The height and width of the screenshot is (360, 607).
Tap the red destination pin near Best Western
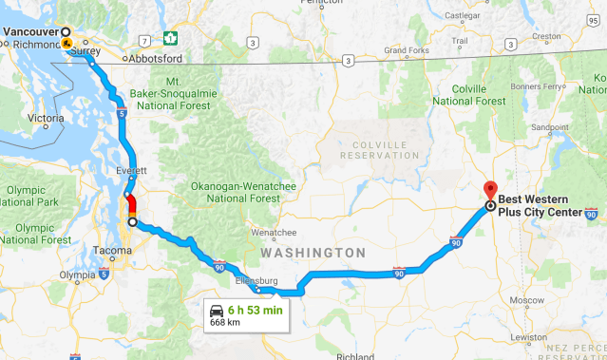coord(490,189)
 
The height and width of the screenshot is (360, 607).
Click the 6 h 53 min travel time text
coord(256,310)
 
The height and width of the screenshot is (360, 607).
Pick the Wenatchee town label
coord(274,232)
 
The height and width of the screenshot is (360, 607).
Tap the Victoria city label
coord(45,119)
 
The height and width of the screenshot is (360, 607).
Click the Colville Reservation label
coord(378,149)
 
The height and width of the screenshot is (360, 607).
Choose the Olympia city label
coord(77,276)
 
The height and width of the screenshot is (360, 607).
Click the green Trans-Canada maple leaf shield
coord(171,38)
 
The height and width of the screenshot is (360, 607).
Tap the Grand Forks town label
coord(407,50)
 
